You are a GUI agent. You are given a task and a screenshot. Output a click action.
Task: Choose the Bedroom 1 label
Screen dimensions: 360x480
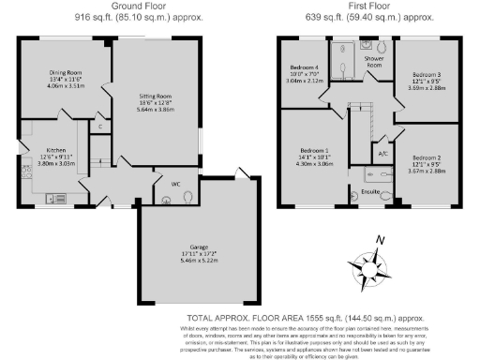[x=314, y=150]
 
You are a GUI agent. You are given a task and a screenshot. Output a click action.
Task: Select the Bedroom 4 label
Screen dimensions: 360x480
[x=305, y=67]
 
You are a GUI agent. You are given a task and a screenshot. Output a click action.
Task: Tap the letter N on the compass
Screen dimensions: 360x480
[x=381, y=240]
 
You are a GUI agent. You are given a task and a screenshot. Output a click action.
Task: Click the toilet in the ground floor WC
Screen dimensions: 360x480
[x=189, y=197]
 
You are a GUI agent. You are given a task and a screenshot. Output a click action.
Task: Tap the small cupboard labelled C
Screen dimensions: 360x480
[x=100, y=126]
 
